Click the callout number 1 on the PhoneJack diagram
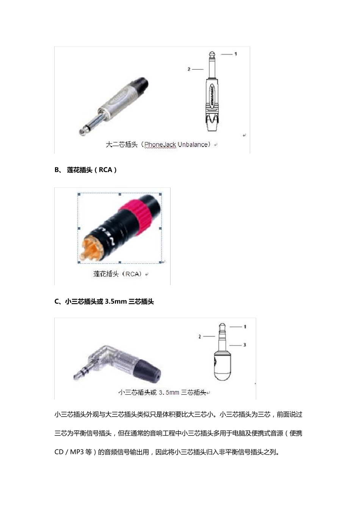(x=235, y=54)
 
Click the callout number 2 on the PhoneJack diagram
(x=189, y=69)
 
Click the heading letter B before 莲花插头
(x=57, y=170)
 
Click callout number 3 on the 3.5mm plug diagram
(x=245, y=345)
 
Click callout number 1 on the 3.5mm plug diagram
(x=245, y=326)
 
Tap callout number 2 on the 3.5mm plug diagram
(x=200, y=336)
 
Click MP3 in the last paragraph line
(x=77, y=452)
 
